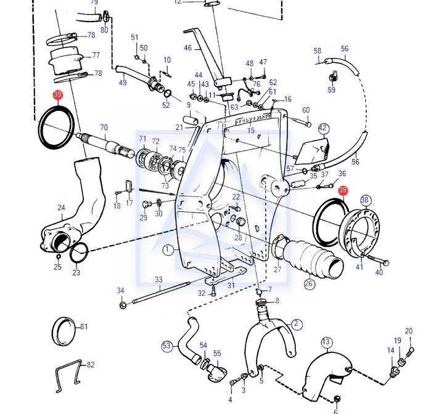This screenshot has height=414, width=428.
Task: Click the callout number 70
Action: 104,128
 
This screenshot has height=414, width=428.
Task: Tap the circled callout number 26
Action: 309,284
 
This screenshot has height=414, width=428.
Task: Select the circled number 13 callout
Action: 326,342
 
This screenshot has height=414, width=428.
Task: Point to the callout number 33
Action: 158,280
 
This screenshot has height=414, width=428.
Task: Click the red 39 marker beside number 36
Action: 343,191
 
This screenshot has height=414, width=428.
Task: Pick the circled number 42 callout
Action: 323,128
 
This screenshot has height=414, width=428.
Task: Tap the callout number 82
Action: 91,365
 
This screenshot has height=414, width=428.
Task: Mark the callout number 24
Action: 61,208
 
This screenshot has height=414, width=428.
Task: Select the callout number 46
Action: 188,47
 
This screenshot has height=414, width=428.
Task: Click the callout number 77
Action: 96,55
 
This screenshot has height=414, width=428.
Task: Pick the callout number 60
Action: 306,110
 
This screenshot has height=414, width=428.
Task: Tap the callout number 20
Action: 408,331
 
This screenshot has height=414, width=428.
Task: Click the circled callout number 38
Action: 365,200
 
